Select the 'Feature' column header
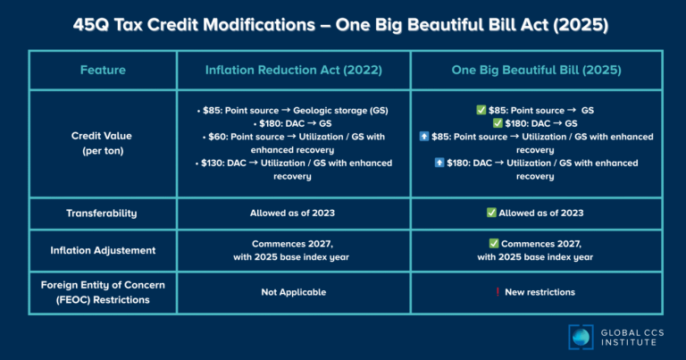click(x=103, y=70)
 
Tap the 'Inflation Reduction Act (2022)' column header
click(x=293, y=70)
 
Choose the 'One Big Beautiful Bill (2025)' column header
click(x=536, y=70)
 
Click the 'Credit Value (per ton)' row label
click(x=103, y=144)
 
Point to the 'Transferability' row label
click(x=103, y=213)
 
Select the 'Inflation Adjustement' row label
click(x=103, y=250)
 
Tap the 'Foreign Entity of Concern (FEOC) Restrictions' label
click(x=103, y=292)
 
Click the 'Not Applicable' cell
click(x=293, y=292)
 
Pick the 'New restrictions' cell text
click(x=542, y=292)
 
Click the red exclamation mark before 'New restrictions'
click(x=497, y=292)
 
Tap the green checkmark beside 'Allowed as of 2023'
click(x=491, y=213)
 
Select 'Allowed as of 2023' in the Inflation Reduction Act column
click(x=293, y=213)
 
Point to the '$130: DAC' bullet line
click(x=293, y=170)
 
